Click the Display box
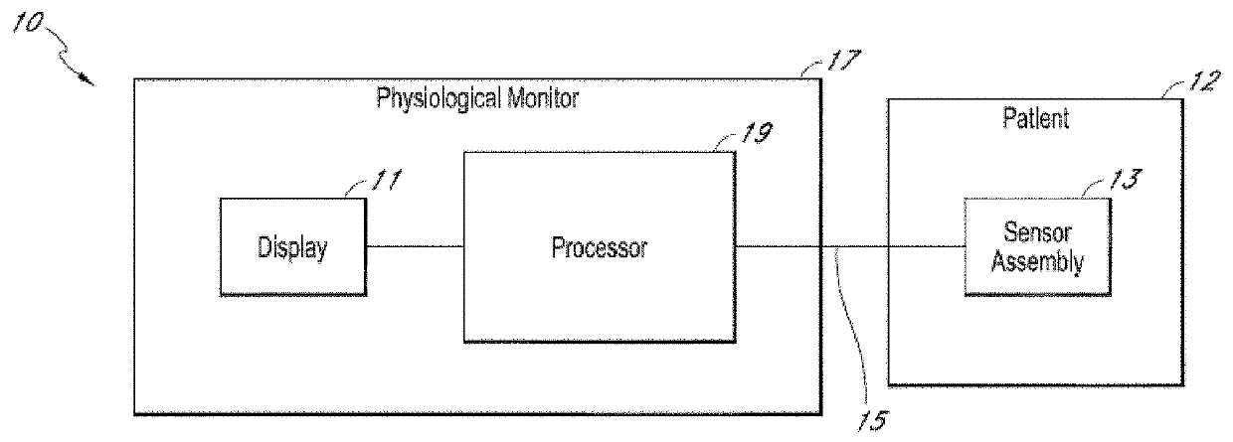coord(291,248)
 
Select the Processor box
coord(599,247)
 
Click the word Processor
coord(599,247)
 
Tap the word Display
coord(291,248)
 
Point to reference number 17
coord(841,65)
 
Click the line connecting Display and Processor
coord(414,246)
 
